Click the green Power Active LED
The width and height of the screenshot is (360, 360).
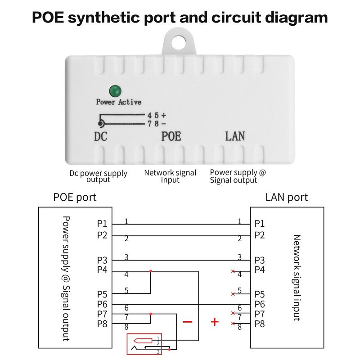coord(115,90)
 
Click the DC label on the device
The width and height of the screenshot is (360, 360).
coord(100,136)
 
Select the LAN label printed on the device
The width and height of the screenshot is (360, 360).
coord(235,136)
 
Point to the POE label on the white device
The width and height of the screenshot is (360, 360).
coord(171,136)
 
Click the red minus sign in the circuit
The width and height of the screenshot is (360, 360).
coord(187,322)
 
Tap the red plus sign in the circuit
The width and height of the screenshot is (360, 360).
coord(215,322)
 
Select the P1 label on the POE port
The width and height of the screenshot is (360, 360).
coord(102,224)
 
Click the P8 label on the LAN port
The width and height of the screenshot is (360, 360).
coord(260,324)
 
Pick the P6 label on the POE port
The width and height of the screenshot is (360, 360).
coord(102,304)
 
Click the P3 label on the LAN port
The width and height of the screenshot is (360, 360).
coord(260,260)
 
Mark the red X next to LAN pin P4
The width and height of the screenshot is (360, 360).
coord(233,272)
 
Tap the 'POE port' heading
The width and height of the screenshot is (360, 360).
coord(75,197)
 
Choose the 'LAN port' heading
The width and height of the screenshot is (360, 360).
coord(287,197)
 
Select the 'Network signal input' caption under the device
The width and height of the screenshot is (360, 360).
coord(170,176)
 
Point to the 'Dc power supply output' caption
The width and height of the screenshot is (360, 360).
coord(98,176)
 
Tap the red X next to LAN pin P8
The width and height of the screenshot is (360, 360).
coord(233,324)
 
